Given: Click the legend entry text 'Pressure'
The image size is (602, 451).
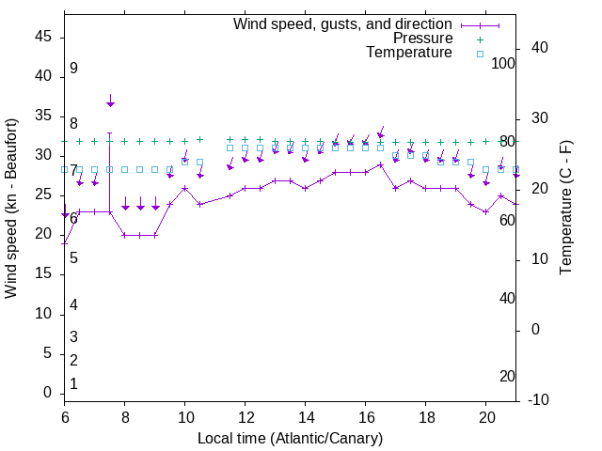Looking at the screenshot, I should click(x=422, y=39).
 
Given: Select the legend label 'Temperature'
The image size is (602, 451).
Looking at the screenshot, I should click(x=409, y=53).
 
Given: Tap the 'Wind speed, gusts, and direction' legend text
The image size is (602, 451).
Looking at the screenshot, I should click(x=343, y=23).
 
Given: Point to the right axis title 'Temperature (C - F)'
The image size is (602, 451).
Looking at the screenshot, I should click(x=565, y=209).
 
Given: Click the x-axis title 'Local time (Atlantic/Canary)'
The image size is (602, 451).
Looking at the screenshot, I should click(x=291, y=439).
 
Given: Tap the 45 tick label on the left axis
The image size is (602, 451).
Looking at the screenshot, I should click(x=42, y=38).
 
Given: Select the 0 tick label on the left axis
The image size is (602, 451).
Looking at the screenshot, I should click(x=47, y=393).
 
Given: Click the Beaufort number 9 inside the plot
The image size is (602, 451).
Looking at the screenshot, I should click(x=73, y=69).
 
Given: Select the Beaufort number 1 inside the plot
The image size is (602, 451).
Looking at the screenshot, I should click(x=73, y=384).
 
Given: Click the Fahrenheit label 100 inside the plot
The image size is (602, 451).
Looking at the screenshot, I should click(x=504, y=64).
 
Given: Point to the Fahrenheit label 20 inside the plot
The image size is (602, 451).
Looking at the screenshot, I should click(x=507, y=377).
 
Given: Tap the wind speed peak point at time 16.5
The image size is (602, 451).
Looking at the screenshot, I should click(x=381, y=164).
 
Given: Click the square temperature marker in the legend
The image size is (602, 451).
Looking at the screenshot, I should click(x=479, y=54).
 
